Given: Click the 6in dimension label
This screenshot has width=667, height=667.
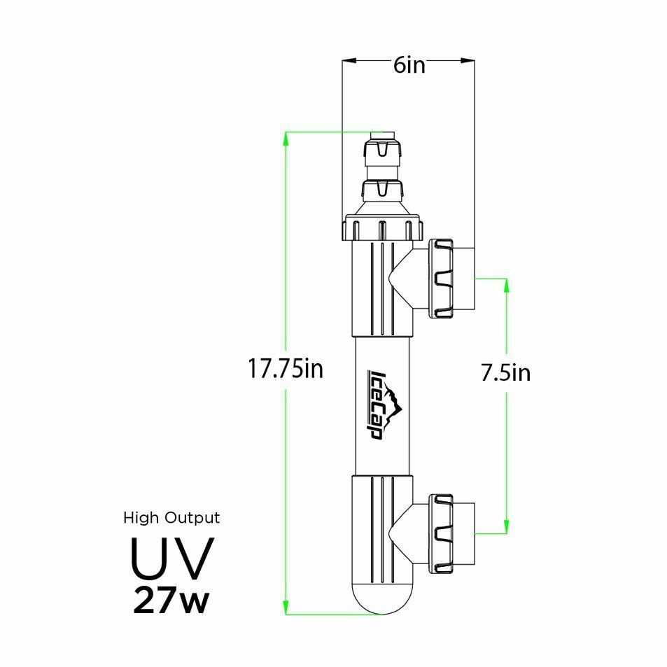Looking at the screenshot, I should [409, 65].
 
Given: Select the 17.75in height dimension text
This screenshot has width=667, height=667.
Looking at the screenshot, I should [286, 368].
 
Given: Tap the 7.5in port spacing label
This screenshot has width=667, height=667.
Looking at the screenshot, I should [505, 373].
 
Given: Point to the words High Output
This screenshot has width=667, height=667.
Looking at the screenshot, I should [171, 518].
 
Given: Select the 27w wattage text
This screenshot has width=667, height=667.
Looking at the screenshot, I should [171, 601].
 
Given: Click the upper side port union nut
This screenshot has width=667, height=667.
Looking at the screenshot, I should [441, 278].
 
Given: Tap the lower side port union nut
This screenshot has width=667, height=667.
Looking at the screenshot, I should [441, 533].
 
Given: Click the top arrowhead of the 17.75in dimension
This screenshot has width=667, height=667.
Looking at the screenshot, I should [286, 137].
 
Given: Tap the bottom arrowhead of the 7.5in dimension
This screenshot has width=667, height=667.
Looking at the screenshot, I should [506, 526].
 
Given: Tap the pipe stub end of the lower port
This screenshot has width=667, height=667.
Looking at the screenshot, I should [467, 533].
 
